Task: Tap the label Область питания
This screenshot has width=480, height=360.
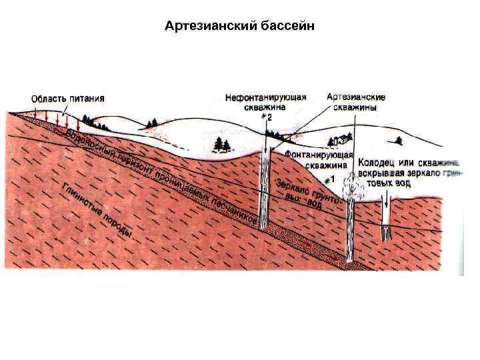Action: [x=67, y=98]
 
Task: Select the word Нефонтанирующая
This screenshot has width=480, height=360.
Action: [x=266, y=97]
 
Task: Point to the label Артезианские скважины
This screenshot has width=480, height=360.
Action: [x=356, y=101]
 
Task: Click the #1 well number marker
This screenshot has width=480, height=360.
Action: [x=328, y=179]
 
